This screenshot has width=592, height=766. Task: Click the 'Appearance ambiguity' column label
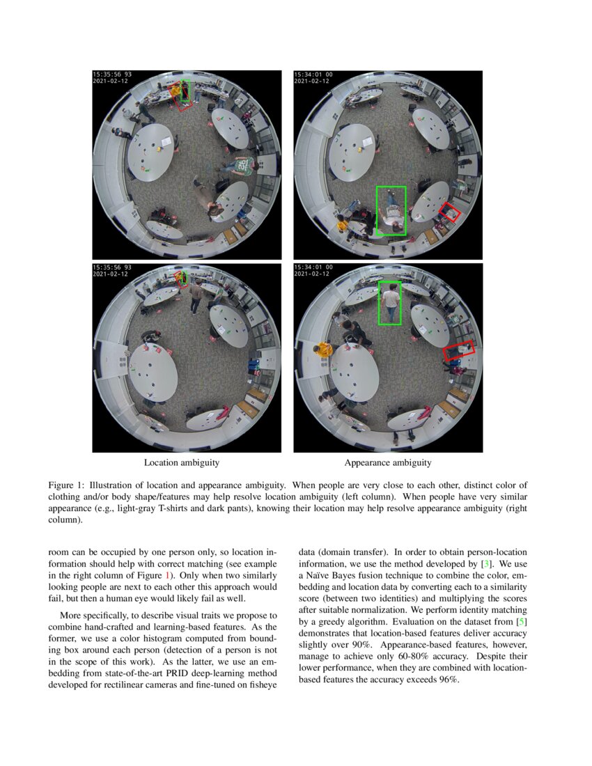click(x=387, y=462)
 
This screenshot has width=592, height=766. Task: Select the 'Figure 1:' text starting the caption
click(x=66, y=485)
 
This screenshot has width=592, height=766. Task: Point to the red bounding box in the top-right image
click(x=450, y=212)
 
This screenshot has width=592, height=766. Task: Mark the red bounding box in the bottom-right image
click(x=459, y=350)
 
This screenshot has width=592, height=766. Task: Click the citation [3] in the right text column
click(x=488, y=563)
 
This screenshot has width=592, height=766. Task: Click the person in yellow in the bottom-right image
click(x=323, y=350)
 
